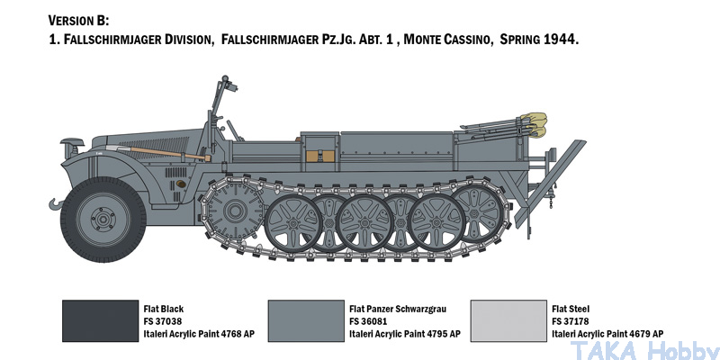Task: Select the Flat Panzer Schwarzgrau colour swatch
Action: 305,321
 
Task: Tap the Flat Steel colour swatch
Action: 509,321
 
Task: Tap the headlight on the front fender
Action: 69,143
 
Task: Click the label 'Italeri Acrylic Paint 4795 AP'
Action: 404,333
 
